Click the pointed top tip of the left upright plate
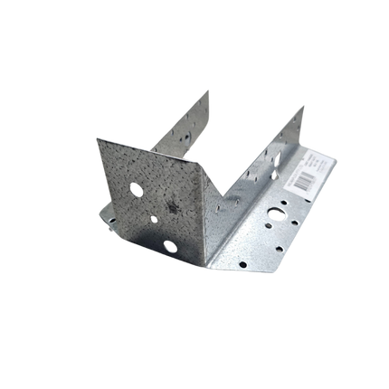point(210,89)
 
